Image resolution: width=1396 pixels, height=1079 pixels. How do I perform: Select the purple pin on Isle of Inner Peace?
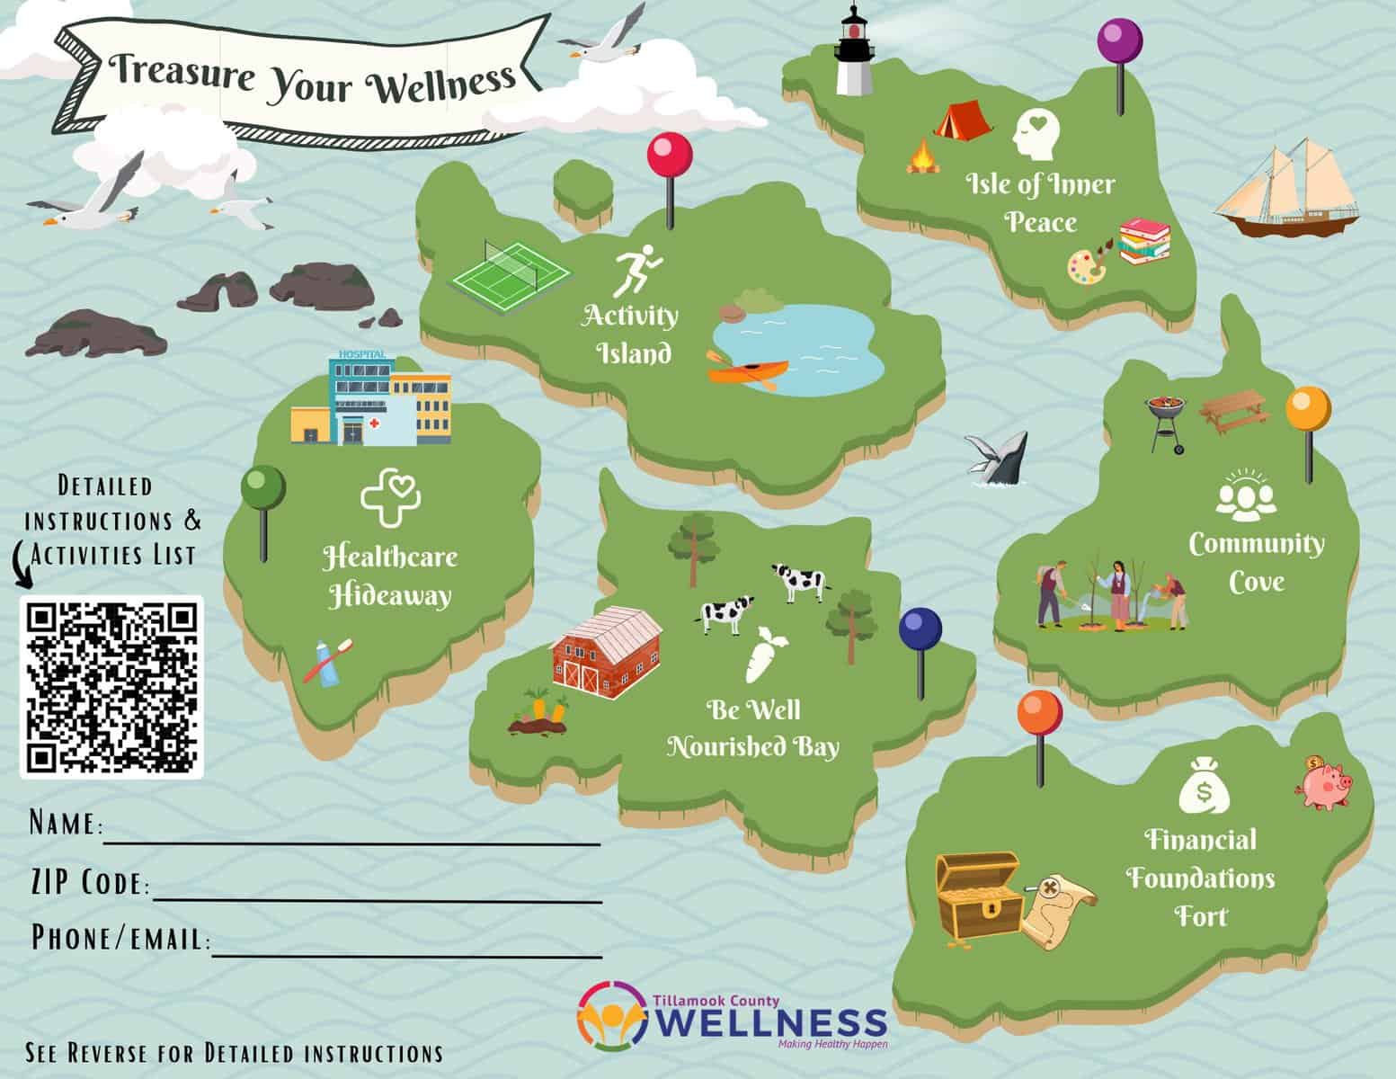(x=1119, y=41)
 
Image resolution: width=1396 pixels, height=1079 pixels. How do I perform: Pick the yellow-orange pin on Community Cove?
(x=1308, y=411)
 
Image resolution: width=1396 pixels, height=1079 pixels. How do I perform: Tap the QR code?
(x=112, y=686)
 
